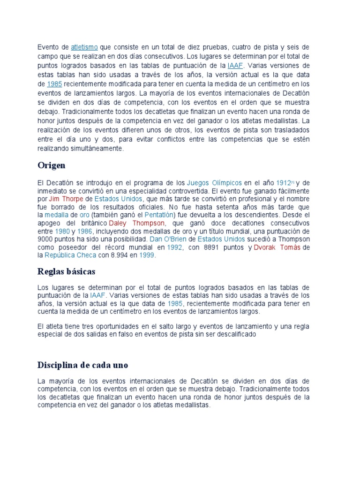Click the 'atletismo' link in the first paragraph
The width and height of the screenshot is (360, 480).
pos(84,47)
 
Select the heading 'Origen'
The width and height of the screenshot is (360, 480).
pos(51,165)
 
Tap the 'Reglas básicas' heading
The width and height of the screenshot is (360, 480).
pos(66,271)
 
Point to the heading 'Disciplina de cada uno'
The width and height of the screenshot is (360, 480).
pos(82,365)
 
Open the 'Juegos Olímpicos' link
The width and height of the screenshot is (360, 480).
pos(214,182)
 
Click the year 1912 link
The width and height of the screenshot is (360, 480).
pos(284,182)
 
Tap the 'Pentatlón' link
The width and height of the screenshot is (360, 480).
pos(171,215)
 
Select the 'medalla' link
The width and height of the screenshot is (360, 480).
pos(57,215)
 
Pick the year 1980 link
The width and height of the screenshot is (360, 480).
pos(62,231)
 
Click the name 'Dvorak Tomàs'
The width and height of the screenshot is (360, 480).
pos(277,247)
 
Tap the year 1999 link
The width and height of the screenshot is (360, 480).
pos(146,255)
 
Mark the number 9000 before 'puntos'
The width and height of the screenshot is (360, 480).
pos(46,239)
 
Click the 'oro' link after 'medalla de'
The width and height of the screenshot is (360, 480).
pos(84,215)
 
